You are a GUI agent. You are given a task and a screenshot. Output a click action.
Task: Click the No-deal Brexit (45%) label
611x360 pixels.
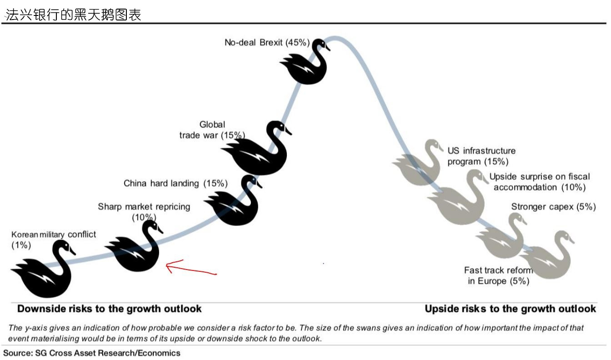pyautogui.click(x=267, y=43)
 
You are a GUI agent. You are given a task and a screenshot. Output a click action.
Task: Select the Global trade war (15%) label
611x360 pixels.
pyautogui.click(x=212, y=130)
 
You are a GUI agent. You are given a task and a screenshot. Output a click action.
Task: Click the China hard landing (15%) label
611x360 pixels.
pyautogui.click(x=175, y=183)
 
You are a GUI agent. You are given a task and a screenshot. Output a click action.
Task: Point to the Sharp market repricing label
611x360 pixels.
pyautogui.click(x=144, y=212)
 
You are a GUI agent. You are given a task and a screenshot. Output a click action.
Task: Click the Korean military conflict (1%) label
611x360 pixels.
pyautogui.click(x=54, y=240)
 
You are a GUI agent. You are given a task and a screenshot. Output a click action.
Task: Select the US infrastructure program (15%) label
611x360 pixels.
pyautogui.click(x=481, y=156)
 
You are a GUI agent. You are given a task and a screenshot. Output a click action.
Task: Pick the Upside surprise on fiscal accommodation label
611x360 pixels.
pyautogui.click(x=540, y=182)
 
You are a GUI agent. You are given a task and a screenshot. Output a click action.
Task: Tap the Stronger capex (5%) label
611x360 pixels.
pyautogui.click(x=553, y=207)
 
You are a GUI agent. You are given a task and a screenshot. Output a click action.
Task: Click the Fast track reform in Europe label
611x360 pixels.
pyautogui.click(x=499, y=275)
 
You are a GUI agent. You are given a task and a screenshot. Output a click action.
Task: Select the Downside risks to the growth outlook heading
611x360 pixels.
pyautogui.click(x=110, y=309)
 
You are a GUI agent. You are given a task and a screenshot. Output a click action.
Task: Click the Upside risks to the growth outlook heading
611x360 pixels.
pyautogui.click(x=510, y=309)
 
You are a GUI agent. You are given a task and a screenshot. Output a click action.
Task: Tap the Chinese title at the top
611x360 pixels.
pyautogui.click(x=73, y=15)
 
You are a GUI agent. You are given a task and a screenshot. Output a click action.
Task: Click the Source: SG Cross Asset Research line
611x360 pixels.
pyautogui.click(x=92, y=353)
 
